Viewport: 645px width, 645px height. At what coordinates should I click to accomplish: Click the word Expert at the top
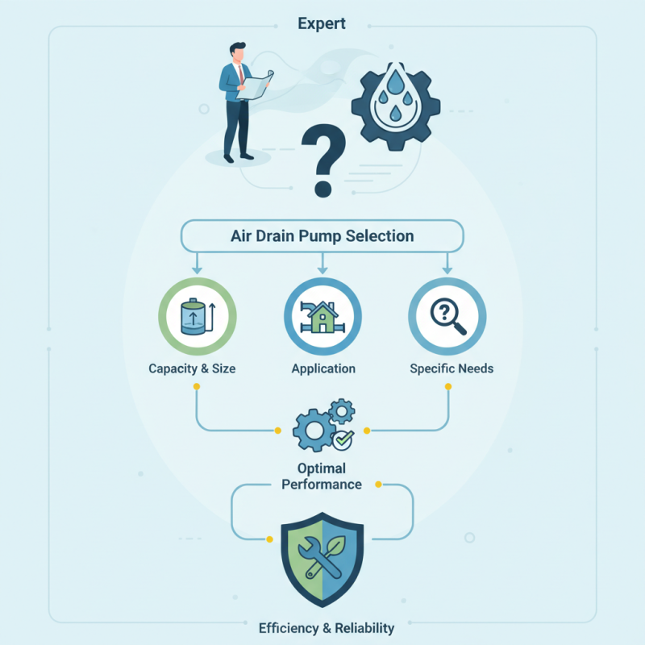322,24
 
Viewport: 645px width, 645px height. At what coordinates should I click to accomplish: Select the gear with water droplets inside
396,106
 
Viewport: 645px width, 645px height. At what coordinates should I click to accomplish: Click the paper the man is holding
255,85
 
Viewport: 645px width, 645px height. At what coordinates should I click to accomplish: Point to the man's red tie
241,74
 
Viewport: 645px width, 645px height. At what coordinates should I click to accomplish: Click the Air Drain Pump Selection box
322,236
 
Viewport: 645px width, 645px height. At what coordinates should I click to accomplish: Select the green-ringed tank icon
198,316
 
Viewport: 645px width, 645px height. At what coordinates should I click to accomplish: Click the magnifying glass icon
448,316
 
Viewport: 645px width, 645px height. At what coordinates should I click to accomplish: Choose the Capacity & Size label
192,368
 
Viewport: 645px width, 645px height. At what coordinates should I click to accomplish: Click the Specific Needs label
451,368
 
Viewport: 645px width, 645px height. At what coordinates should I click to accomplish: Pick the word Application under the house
323,368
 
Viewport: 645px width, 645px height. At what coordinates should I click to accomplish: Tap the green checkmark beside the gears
343,439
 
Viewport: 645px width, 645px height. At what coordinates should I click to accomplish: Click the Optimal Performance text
322,476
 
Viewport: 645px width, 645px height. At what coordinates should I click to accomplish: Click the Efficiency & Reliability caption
327,628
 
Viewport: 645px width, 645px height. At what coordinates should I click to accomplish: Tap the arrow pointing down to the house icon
322,264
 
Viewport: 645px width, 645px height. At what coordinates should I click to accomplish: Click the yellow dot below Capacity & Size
197,387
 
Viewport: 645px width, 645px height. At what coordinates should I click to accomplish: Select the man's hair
237,48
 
